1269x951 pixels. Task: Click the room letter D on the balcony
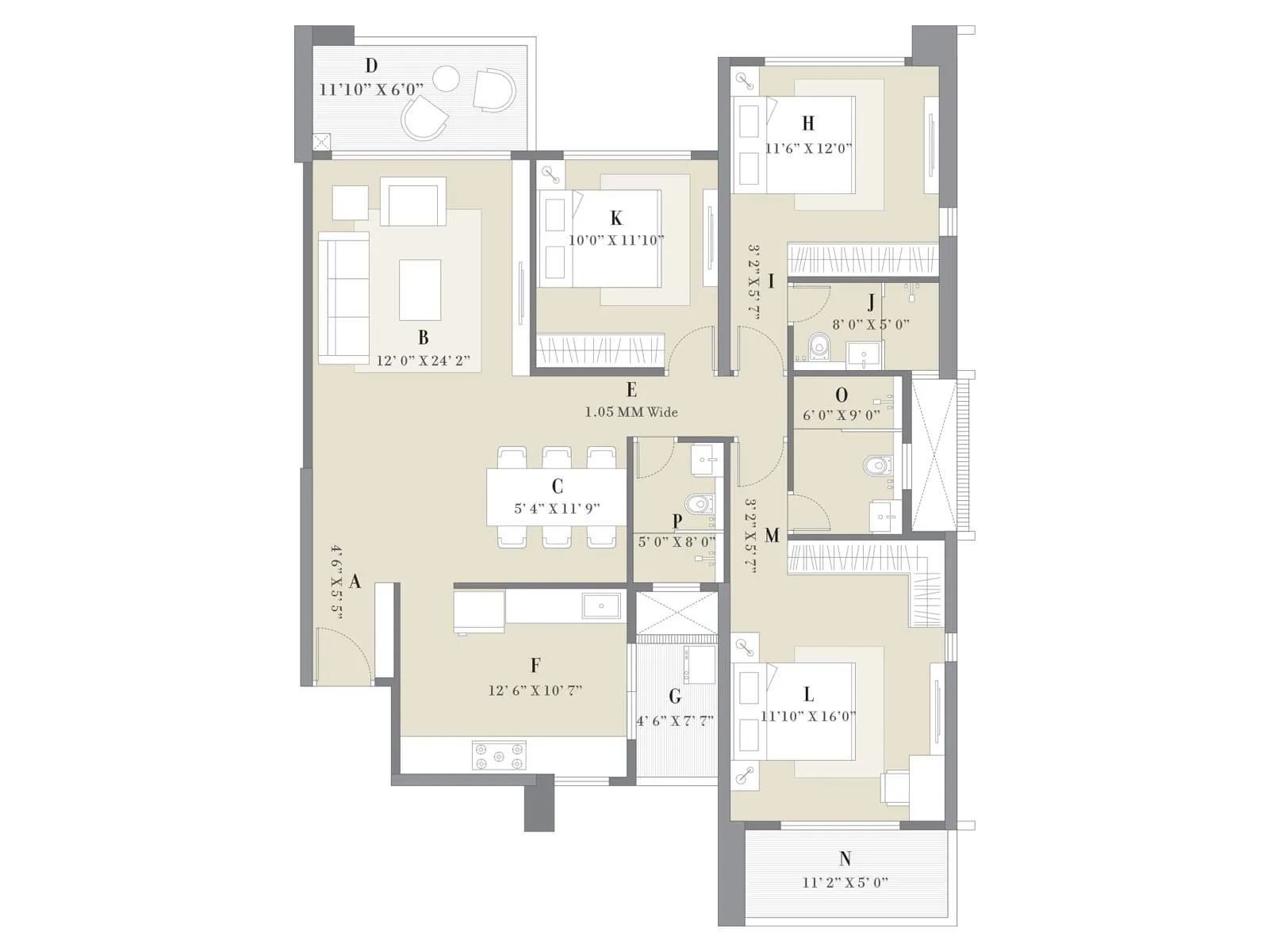tap(371, 66)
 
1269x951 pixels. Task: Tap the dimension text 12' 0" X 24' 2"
tap(423, 361)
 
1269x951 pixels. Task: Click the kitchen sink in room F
tap(601, 605)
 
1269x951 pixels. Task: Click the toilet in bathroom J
tap(819, 346)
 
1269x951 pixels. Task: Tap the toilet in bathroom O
tap(876, 464)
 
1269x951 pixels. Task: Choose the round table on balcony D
tap(446, 79)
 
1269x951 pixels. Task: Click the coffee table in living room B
tap(420, 289)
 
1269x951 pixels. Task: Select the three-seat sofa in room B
tap(343, 297)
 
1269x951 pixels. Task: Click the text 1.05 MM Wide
tap(631, 412)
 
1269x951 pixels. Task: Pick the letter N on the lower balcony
tap(845, 858)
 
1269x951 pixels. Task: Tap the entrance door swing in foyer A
tap(343, 654)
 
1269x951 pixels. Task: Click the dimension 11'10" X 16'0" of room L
tap(807, 716)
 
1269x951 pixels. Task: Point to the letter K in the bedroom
tap(616, 219)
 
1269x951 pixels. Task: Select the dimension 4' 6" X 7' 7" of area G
tap(675, 721)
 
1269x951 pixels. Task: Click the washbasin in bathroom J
tap(864, 353)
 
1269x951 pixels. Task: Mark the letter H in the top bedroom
tap(808, 124)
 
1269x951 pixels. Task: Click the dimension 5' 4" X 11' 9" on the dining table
tap(557, 509)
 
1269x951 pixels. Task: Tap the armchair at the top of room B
tap(412, 201)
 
